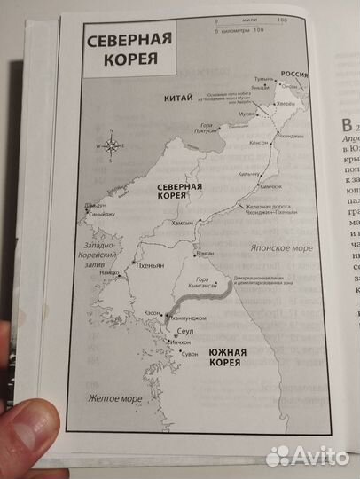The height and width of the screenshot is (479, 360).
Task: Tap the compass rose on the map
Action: (x=112, y=144)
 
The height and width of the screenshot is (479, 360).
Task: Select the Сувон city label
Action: (x=191, y=354)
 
